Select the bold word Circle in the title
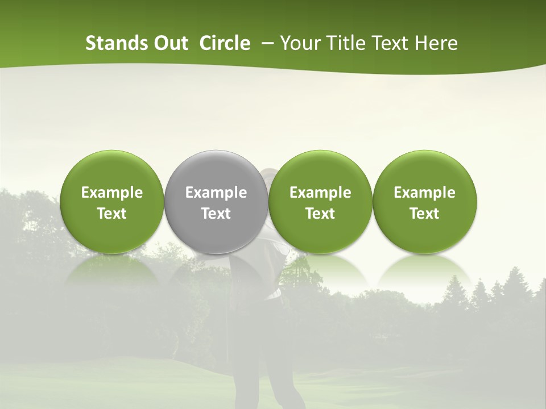225,43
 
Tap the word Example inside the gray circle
216,193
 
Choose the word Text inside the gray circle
216,214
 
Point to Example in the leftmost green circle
112,193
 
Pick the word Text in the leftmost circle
112,214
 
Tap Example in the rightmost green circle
425,193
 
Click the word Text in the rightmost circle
425,214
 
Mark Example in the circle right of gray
320,193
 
